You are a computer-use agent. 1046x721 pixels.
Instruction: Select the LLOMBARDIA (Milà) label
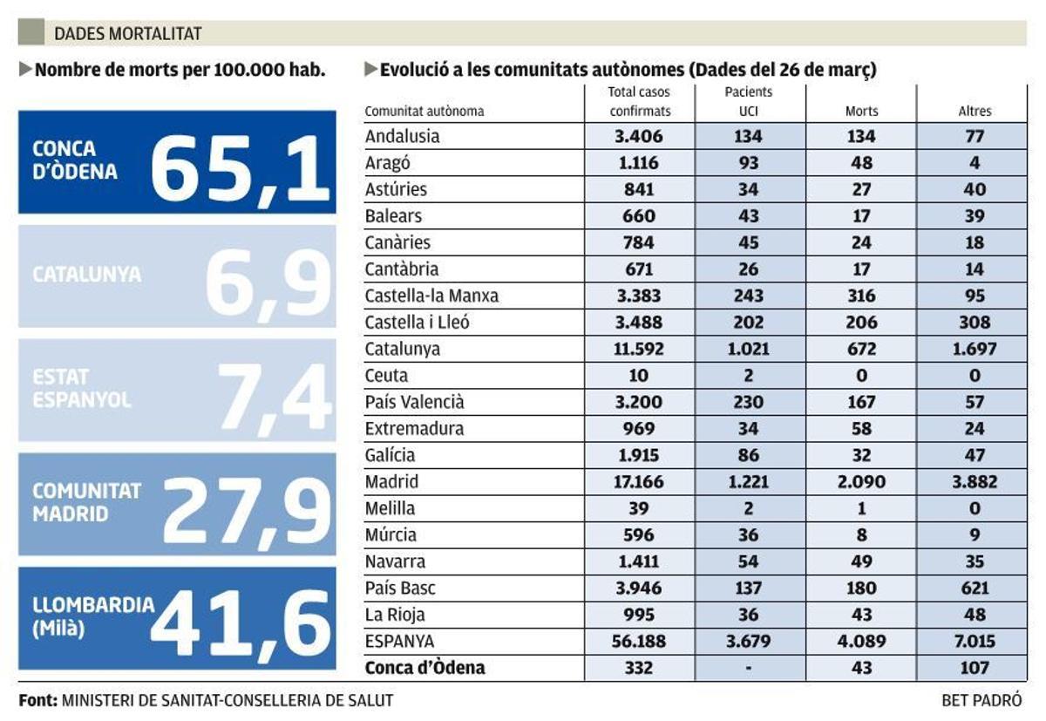[92, 616]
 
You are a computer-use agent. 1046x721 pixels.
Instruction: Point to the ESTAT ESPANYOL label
[82, 389]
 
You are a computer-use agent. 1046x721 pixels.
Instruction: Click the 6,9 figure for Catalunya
[268, 279]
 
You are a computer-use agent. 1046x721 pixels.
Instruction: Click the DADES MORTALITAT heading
[127, 34]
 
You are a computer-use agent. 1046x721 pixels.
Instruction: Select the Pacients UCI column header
[748, 101]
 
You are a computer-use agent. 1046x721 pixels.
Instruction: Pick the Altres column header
[975, 111]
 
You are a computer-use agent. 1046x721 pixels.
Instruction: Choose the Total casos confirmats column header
[640, 101]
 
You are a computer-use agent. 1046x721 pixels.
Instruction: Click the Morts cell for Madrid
[861, 481]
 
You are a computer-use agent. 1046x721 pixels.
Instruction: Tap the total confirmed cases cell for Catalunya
[640, 349]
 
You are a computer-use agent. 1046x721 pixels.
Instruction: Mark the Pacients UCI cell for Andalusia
[748, 136]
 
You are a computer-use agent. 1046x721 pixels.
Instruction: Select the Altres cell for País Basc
[975, 588]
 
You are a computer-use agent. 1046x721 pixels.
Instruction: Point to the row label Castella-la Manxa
[431, 296]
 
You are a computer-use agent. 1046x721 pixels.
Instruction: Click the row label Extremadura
[414, 428]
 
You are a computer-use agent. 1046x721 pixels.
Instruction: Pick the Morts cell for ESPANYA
[861, 641]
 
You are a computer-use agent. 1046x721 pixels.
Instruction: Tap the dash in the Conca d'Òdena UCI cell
[748, 668]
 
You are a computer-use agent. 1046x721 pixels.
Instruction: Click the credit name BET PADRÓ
[981, 700]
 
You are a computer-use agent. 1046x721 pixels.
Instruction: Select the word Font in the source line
[37, 700]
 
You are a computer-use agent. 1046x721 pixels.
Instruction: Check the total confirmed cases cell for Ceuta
[640, 376]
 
